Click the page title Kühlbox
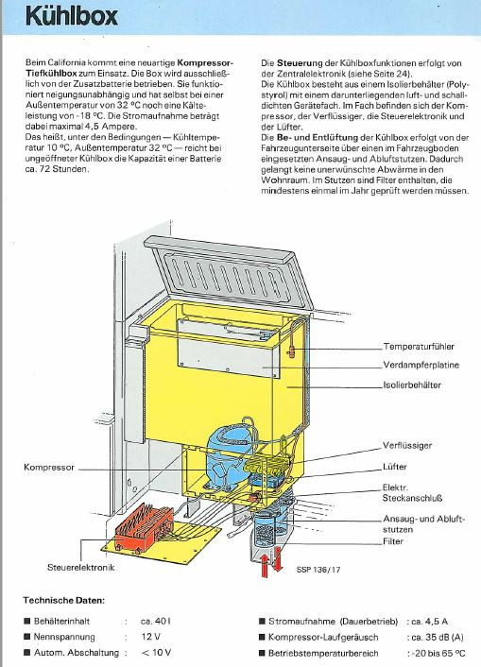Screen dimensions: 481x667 pyautogui.click(x=72, y=16)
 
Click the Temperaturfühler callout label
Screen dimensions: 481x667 pyautogui.click(x=419, y=347)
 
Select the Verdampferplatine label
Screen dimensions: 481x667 pyautogui.click(x=421, y=365)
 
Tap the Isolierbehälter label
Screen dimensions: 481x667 pyautogui.click(x=412, y=385)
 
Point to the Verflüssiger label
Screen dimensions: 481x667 pyautogui.click(x=407, y=445)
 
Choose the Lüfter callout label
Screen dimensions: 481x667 pyautogui.click(x=395, y=467)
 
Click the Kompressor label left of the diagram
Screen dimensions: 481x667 pyautogui.click(x=49, y=467)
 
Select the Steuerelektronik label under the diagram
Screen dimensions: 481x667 pyautogui.click(x=81, y=567)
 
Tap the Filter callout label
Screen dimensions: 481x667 pyautogui.click(x=393, y=541)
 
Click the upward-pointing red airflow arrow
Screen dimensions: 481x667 pyautogui.click(x=265, y=565)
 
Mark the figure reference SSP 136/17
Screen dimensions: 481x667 pyautogui.click(x=318, y=570)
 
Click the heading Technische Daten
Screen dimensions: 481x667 pyautogui.click(x=64, y=601)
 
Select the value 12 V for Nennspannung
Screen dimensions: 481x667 pyautogui.click(x=151, y=637)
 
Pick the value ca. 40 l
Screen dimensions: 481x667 pyautogui.click(x=155, y=621)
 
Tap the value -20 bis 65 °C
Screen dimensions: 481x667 pyautogui.click(x=438, y=653)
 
